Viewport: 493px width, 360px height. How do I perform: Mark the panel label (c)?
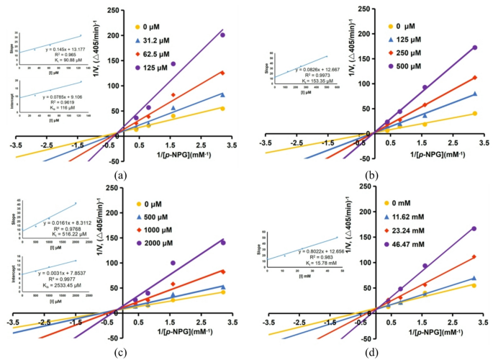tap(120, 351)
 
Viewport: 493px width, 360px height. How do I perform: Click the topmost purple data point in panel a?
tap(222, 35)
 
